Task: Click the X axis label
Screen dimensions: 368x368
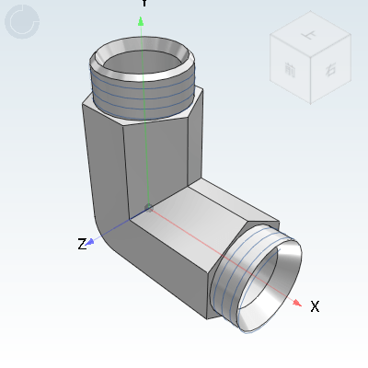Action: pos(315,306)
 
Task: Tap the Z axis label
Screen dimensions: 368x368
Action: pos(82,244)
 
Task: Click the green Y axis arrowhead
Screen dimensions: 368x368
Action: pos(141,20)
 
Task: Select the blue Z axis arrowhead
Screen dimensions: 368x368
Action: pos(93,240)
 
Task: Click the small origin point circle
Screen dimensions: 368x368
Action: pos(149,206)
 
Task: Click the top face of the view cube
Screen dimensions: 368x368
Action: pos(307,34)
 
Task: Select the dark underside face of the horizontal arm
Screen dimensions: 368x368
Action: pos(170,276)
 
